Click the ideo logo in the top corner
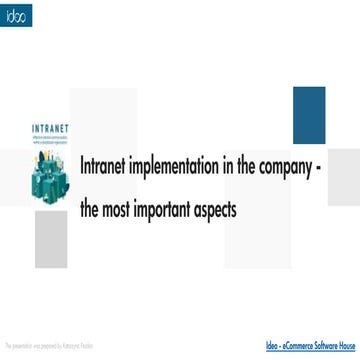click(16, 16)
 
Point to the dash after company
click(345, 168)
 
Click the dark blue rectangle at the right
click(309, 115)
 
